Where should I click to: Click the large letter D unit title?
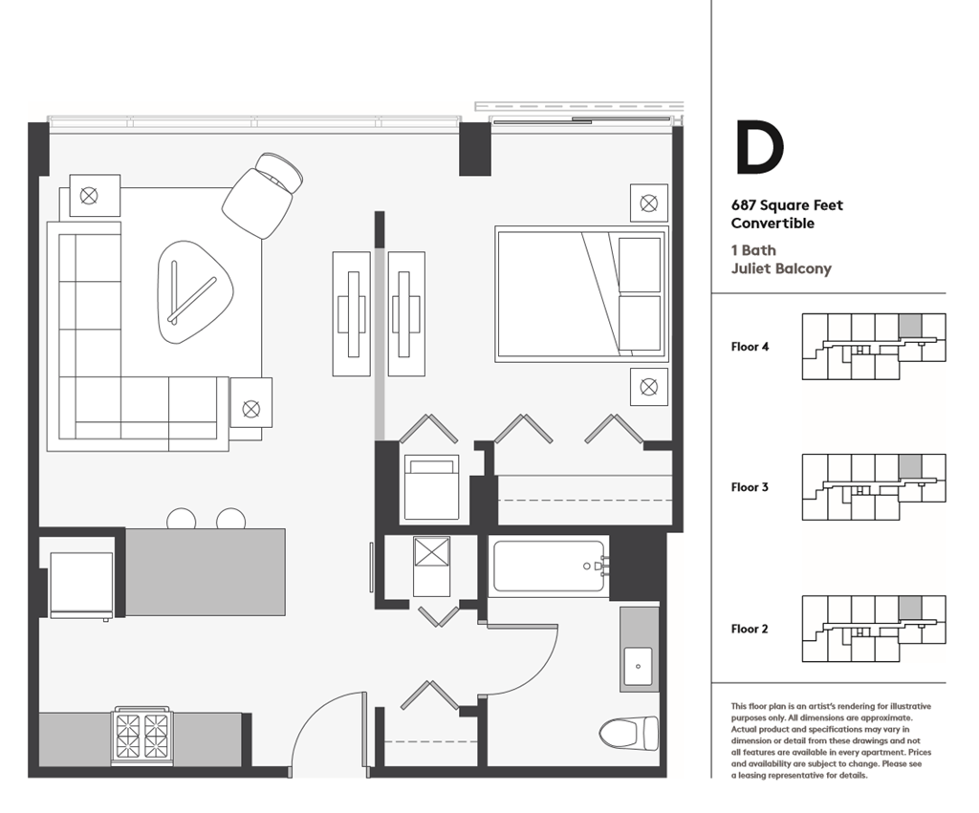(x=759, y=148)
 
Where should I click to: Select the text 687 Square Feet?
(x=787, y=205)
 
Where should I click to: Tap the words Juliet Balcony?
(x=781, y=269)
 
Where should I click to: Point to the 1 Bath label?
(x=753, y=250)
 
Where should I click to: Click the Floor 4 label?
(x=750, y=347)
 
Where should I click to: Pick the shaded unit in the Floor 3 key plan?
(x=910, y=466)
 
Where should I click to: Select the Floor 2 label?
(x=750, y=629)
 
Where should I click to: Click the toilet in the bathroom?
(x=631, y=733)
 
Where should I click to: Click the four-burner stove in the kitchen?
(x=142, y=735)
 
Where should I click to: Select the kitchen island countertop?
(x=205, y=572)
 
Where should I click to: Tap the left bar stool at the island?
(x=181, y=519)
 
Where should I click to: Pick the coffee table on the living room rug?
(x=196, y=291)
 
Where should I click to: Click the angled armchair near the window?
(x=260, y=196)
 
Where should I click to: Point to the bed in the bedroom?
(x=580, y=294)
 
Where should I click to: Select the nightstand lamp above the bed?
(x=648, y=203)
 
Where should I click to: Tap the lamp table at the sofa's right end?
(x=250, y=408)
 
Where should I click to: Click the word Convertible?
(x=772, y=224)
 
